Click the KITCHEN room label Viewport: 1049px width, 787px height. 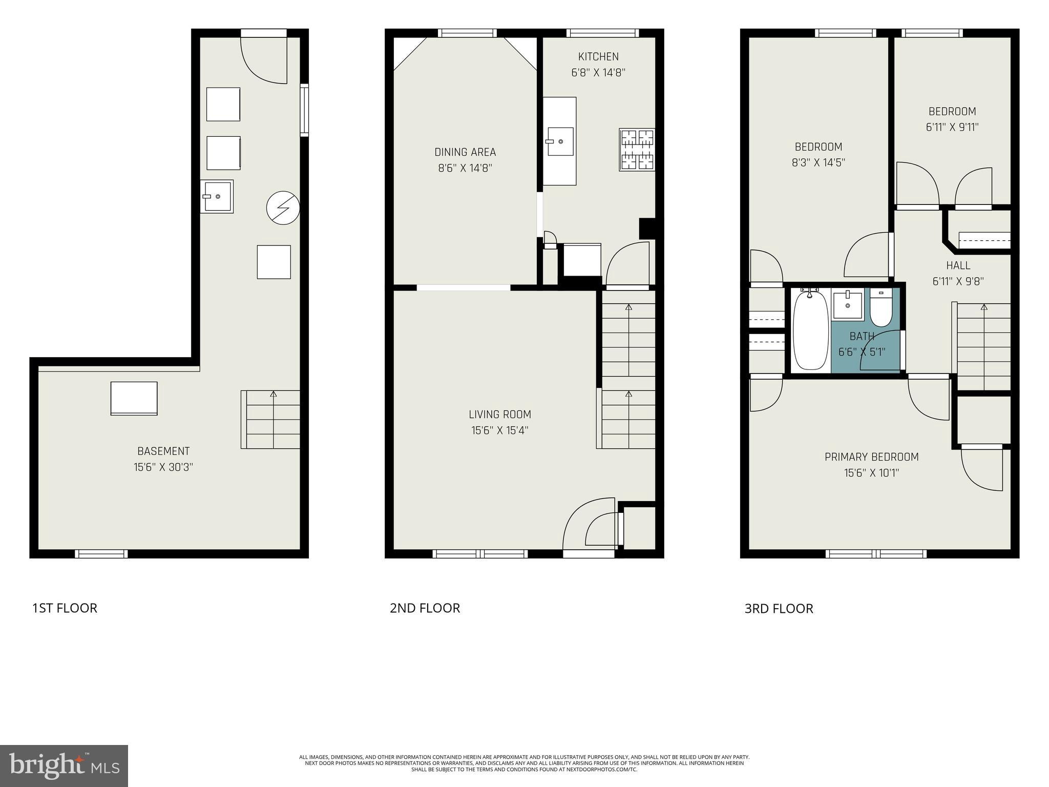[x=598, y=57]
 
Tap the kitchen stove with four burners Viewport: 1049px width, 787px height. [x=637, y=149]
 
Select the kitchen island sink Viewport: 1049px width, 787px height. [x=560, y=141]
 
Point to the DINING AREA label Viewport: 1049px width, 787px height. [x=465, y=152]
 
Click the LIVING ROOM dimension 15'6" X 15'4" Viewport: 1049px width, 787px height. [x=499, y=430]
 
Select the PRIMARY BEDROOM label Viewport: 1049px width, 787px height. [x=871, y=457]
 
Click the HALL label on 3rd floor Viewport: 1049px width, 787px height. [x=958, y=265]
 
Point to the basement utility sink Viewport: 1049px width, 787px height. [x=217, y=196]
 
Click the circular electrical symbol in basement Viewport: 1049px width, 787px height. [x=283, y=208]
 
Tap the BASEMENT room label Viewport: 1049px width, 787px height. [x=163, y=451]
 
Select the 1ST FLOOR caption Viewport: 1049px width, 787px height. [x=65, y=608]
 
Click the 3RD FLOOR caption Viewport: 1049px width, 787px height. [x=779, y=609]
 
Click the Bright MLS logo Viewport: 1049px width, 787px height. [x=64, y=766]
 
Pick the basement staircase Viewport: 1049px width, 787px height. [x=271, y=420]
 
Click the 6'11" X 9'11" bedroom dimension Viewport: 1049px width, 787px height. [x=952, y=127]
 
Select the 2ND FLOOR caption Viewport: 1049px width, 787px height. [x=425, y=608]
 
